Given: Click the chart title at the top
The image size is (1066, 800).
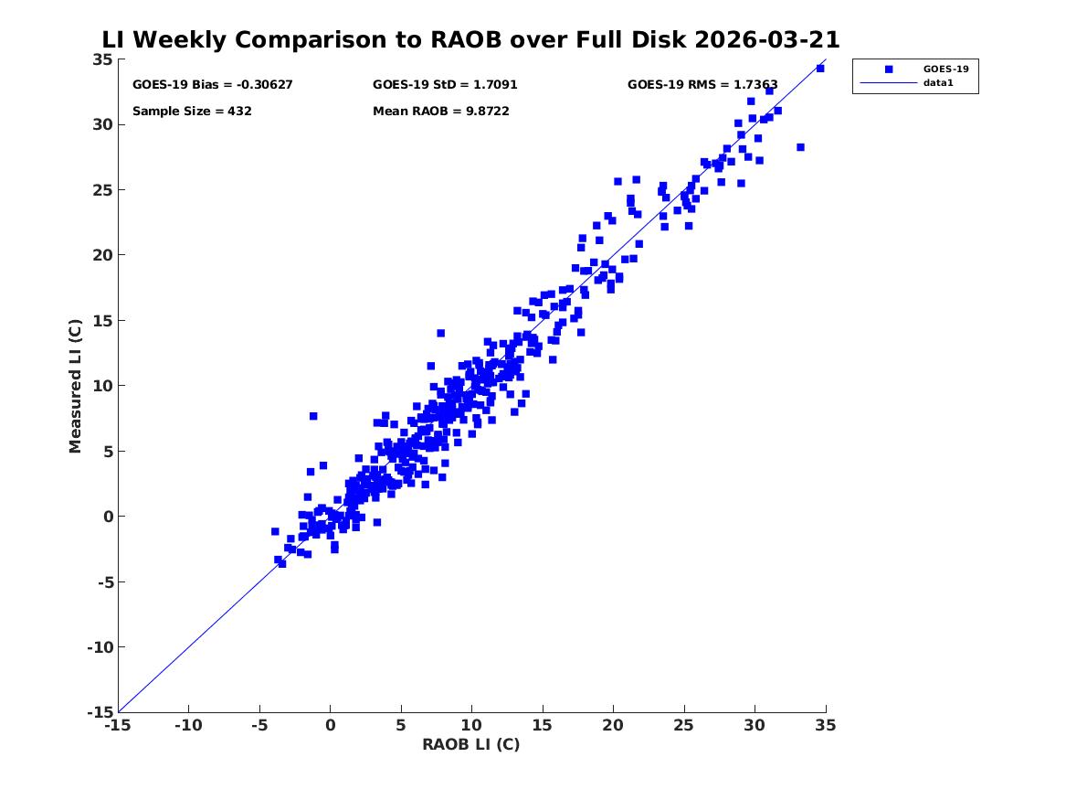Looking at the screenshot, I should click(x=470, y=40).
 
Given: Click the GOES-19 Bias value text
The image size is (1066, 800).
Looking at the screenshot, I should click(x=212, y=85).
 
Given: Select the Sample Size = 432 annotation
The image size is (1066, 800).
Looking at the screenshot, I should click(x=192, y=112).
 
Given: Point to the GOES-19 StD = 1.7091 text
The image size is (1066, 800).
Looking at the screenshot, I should click(x=445, y=85).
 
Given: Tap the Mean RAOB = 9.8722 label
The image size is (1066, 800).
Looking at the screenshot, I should click(x=440, y=112).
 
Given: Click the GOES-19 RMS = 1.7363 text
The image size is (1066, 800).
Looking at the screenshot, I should click(x=702, y=85).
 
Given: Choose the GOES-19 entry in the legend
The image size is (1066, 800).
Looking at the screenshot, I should click(x=945, y=69).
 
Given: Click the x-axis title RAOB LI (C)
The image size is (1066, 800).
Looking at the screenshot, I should click(x=470, y=744).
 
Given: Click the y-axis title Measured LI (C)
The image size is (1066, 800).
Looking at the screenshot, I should click(x=76, y=386).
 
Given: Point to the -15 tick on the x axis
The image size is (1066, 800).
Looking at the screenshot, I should click(x=117, y=725).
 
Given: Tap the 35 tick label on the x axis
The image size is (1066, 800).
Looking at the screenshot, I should click(x=826, y=725).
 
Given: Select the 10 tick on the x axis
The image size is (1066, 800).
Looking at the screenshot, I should click(x=471, y=725).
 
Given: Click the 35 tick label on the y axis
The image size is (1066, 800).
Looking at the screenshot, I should click(x=101, y=59).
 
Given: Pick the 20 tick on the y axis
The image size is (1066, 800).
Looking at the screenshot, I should click(x=101, y=255).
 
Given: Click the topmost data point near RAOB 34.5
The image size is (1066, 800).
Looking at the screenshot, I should click(x=820, y=69).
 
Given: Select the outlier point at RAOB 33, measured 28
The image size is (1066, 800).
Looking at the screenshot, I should click(x=800, y=147).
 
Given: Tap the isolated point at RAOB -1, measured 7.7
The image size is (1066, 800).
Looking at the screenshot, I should click(x=313, y=416).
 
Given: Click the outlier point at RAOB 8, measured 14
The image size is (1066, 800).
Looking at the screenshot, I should click(x=440, y=333).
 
